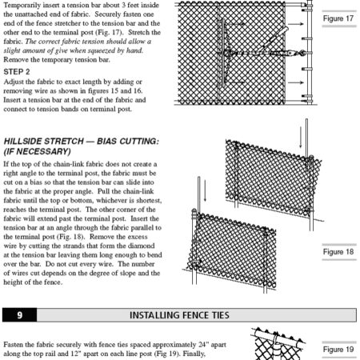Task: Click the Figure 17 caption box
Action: pos(337,18)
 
